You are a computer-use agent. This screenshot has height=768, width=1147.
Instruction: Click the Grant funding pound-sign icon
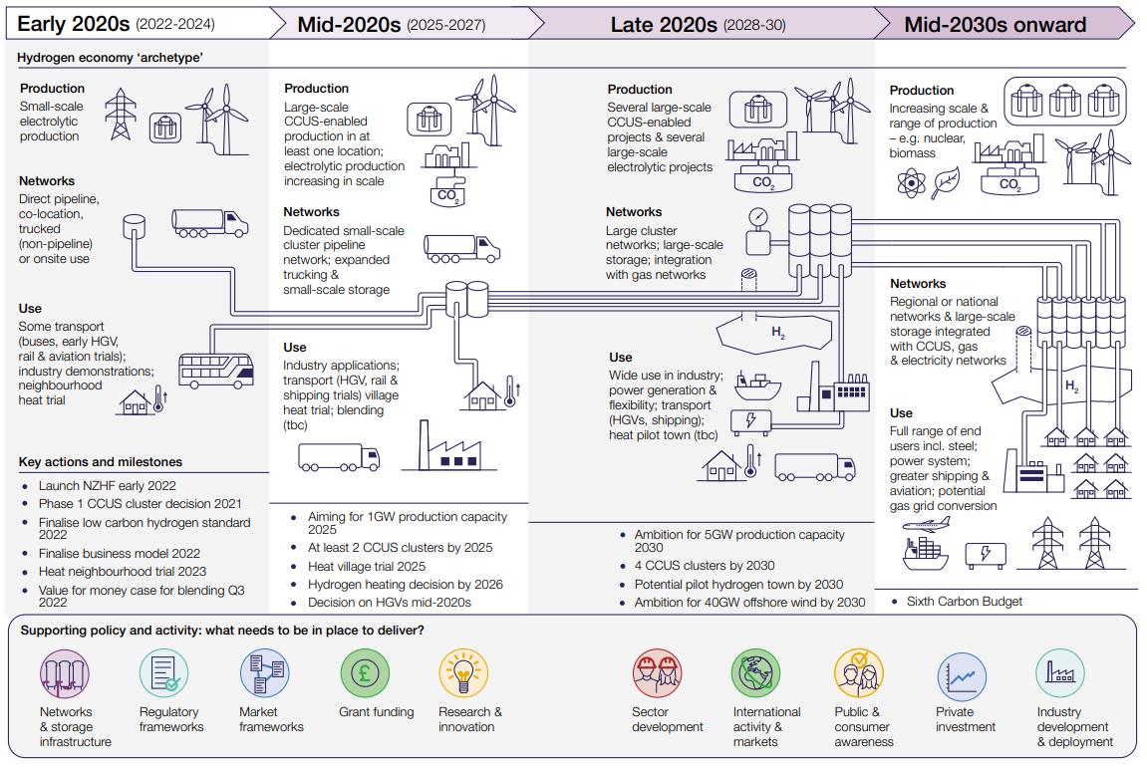365,673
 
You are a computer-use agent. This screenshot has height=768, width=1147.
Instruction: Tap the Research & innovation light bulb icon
463,673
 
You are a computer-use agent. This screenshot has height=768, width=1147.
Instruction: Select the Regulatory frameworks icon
163,673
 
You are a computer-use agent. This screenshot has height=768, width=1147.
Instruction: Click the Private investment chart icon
962,676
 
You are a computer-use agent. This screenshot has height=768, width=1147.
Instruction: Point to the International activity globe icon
756,673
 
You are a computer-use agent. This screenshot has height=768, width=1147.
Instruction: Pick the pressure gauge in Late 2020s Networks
759,218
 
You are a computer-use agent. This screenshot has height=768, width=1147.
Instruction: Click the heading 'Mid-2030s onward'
995,24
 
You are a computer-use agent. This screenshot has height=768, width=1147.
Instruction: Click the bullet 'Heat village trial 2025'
366,566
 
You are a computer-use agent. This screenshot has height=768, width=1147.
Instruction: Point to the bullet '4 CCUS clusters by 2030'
705,566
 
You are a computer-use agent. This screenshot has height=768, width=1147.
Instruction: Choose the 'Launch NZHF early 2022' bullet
107,485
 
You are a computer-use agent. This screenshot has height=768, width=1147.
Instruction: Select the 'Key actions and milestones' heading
100,462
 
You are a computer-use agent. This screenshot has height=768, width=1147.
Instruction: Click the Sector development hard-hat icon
657,673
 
